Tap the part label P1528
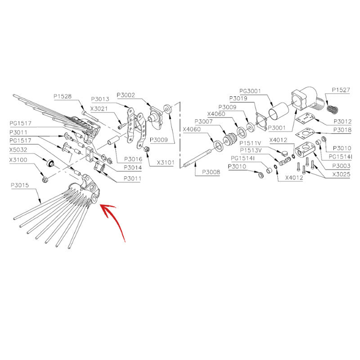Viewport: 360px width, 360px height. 63,96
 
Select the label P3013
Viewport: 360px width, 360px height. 100,99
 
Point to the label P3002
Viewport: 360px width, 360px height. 126,95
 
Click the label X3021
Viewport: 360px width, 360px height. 99,108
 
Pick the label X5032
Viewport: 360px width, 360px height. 18,150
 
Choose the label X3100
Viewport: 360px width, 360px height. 18,160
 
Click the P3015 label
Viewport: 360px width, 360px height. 20,185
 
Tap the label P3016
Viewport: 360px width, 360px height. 133,159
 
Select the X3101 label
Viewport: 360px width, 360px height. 166,162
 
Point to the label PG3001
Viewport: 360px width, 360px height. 250,91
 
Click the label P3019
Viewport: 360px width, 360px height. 238,99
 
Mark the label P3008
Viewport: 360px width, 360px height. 211,172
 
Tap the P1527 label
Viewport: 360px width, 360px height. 341,90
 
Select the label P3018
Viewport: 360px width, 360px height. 342,130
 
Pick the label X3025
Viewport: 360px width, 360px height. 342,175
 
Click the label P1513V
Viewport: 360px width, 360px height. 251,150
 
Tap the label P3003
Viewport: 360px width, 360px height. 342,166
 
